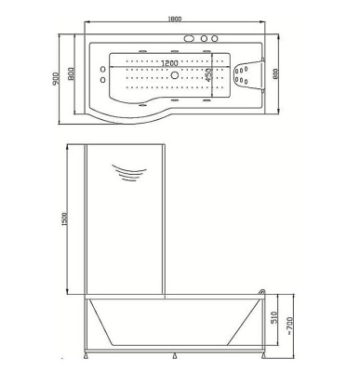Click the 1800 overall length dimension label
174,19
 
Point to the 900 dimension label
56,79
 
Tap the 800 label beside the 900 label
71,73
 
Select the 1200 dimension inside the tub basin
170,63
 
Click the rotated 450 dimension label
208,74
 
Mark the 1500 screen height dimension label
64,219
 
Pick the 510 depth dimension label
275,317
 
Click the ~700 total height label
289,325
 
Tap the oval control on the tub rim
189,39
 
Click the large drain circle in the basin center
175,74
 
